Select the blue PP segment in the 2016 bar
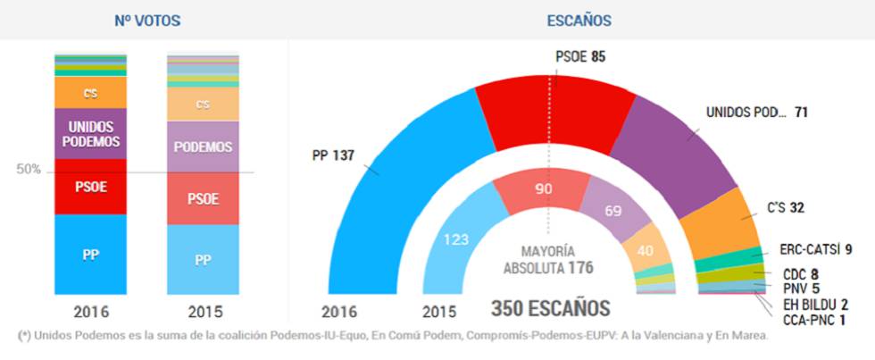[90, 255]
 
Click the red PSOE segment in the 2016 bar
[90, 187]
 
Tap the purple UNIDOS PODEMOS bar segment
[90, 133]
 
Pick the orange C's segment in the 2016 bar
[90, 93]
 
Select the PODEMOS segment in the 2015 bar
[203, 147]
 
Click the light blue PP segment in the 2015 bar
[203, 260]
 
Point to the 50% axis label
[29, 169]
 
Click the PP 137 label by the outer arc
[332, 155]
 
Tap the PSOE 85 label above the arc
[580, 56]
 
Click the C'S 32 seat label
[785, 208]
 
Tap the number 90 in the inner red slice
[544, 188]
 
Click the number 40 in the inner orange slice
[646, 252]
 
